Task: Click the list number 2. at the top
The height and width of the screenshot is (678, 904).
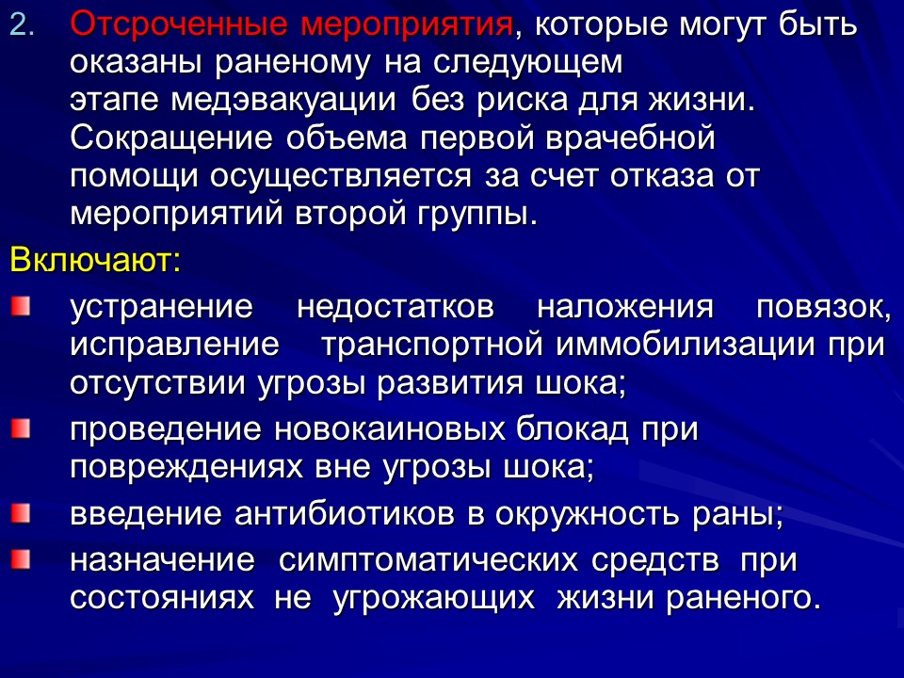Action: [22, 26]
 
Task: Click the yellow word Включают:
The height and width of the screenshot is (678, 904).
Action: [94, 260]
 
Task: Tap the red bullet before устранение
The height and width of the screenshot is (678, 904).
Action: [21, 306]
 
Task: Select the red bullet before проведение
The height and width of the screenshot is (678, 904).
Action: [21, 429]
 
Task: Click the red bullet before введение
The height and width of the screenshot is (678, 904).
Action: [21, 513]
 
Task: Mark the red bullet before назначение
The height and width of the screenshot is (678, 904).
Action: [21, 560]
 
